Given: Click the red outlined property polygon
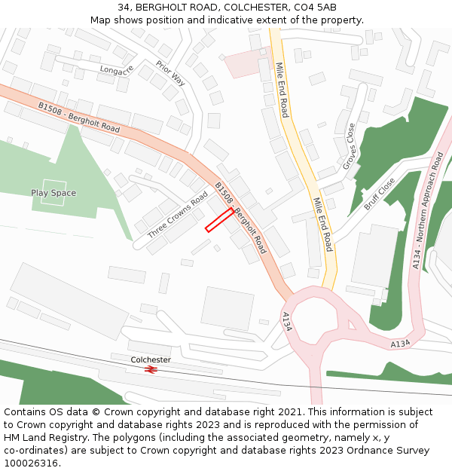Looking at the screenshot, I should (219, 219).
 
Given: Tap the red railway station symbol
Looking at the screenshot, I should (151, 370).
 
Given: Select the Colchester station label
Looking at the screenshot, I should (151, 359).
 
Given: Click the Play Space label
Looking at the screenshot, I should (53, 193).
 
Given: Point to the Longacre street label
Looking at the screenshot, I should (116, 70).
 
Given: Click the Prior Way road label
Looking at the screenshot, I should (171, 74).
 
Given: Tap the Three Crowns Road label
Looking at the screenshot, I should (178, 216).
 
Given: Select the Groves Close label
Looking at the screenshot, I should (350, 146).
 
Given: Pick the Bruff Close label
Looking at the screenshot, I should (379, 194).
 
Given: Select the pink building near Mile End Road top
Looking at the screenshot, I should (241, 64).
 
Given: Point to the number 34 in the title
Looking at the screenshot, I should (124, 8).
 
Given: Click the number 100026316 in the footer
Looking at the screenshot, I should (31, 463).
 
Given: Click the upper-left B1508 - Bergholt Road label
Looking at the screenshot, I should (78, 118).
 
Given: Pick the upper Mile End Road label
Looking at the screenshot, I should (281, 90).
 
